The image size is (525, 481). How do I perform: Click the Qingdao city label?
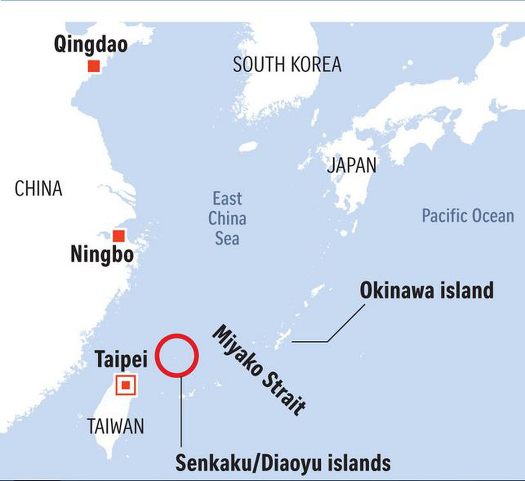coord(91,45)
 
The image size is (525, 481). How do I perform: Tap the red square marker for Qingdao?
coord(94,66)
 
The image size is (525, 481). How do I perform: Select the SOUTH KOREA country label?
coord(287,65)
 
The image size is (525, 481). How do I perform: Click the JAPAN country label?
coord(352,165)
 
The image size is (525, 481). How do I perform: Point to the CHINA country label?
coord(38,189)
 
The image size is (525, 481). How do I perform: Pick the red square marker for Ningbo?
coord(119,236)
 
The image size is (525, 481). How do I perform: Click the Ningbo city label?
coord(102,254)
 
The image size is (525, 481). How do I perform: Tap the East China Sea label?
coord(227,218)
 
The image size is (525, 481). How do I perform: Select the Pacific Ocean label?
coord(468,216)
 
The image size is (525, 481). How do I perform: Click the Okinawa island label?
coord(427,290)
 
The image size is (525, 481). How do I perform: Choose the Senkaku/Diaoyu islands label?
coord(283,463)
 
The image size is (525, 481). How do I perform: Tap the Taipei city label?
coord(121,360)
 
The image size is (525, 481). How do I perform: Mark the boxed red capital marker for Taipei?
coord(126,386)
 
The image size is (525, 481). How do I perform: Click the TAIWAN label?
coord(115,426)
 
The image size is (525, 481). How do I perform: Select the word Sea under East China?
coord(227,238)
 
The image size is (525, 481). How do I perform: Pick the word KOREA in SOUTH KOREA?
coord(316,65)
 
